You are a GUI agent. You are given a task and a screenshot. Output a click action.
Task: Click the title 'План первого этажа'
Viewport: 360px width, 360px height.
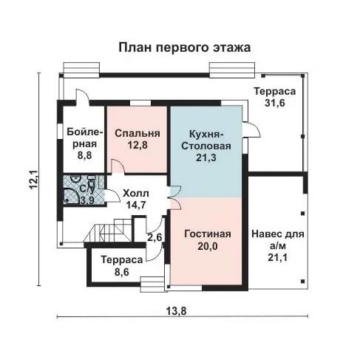pyautogui.click(x=185, y=47)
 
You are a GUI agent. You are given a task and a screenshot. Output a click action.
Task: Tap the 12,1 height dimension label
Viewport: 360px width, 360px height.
pyautogui.click(x=34, y=180)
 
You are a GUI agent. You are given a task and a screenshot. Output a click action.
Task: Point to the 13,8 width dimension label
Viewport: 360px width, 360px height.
pyautogui.click(x=176, y=311)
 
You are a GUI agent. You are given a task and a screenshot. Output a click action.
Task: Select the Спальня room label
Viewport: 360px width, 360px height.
pyautogui.click(x=137, y=133)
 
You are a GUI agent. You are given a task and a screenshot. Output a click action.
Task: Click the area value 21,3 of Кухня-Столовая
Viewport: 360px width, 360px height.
pyautogui.click(x=206, y=157)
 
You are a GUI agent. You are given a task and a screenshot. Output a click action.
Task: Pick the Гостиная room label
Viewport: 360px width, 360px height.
pyautogui.click(x=208, y=234)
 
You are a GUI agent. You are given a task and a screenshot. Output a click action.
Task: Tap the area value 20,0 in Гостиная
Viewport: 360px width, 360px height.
pyautogui.click(x=208, y=246)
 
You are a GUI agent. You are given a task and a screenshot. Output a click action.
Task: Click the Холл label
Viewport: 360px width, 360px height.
pyautogui.click(x=136, y=194)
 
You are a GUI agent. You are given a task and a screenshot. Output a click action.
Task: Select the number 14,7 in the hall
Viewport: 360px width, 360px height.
pyautogui.click(x=136, y=205)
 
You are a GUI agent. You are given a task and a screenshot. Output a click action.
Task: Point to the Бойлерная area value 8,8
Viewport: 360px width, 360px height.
pyautogui.click(x=84, y=155)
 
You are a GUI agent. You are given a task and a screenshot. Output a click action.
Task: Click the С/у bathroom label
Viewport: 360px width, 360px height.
pyautogui.click(x=86, y=189)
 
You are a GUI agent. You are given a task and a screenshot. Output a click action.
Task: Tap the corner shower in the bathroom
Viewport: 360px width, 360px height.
pyautogui.click(x=71, y=196)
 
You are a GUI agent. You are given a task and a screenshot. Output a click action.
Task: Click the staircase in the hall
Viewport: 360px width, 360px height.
pyautogui.click(x=109, y=231)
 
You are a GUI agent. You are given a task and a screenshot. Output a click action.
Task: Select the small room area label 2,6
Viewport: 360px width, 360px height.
pyautogui.click(x=154, y=237)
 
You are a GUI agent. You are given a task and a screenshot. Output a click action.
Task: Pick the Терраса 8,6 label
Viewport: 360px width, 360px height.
pyautogui.click(x=122, y=266)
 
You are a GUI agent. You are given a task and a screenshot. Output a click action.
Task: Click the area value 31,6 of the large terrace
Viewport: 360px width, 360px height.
pyautogui.click(x=275, y=103)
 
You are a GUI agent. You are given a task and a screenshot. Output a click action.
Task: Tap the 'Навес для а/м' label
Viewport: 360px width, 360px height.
pyautogui.click(x=278, y=240)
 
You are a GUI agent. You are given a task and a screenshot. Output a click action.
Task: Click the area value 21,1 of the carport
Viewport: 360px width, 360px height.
pyautogui.click(x=278, y=258)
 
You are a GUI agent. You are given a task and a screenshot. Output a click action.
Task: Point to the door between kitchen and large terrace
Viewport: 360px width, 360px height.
pyautogui.click(x=251, y=129)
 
